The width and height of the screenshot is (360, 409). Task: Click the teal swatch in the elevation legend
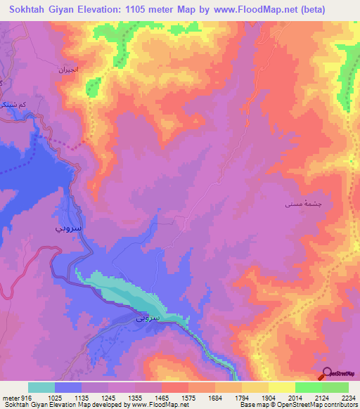click(x=41, y=388)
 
